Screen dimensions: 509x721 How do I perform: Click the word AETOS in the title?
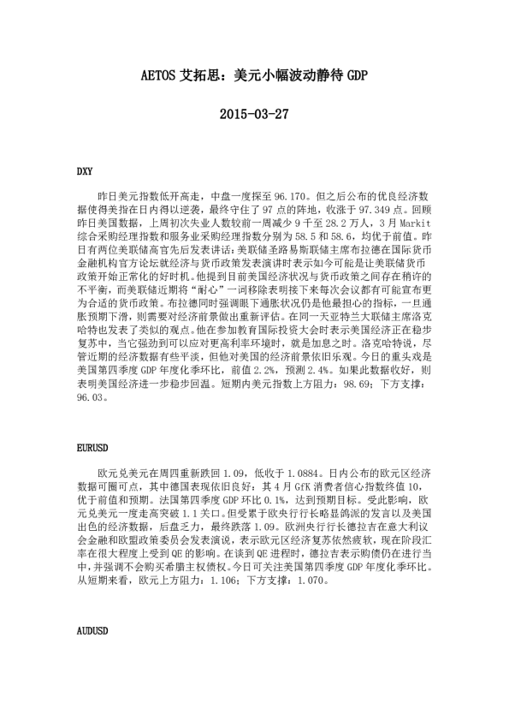pos(160,76)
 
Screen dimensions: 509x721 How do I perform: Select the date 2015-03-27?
pos(253,114)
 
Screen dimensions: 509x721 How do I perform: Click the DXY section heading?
pos(85,172)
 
